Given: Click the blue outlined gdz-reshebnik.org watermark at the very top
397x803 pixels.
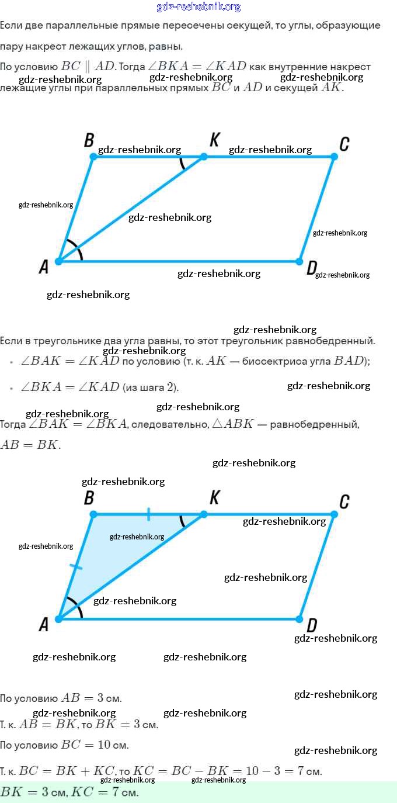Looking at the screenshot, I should click(x=198, y=7).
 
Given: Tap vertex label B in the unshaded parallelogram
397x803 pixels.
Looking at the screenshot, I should click(x=89, y=140).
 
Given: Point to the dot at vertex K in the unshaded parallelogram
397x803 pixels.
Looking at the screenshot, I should click(x=204, y=157).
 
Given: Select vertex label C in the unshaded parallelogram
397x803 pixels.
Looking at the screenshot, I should click(x=344, y=144).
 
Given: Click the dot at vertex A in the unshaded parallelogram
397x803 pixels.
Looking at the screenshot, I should click(x=59, y=261).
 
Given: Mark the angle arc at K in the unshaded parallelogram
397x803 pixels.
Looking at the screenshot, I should click(x=183, y=163).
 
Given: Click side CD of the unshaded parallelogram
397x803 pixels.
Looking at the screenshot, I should click(x=317, y=209).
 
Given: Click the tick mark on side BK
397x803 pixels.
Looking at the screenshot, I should click(x=149, y=514).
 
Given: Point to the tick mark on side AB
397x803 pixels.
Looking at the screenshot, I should click(x=76, y=566).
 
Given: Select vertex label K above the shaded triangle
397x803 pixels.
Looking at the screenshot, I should click(x=215, y=497).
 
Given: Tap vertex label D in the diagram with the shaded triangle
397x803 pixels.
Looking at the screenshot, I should click(x=312, y=626).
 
